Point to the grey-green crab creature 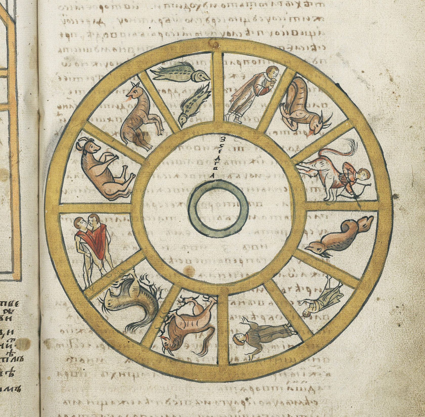126,301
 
